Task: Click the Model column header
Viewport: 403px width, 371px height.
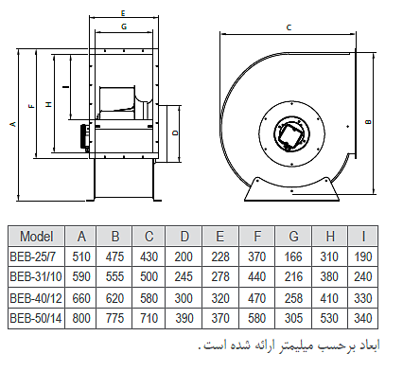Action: (37, 236)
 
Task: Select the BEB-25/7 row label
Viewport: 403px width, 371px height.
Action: (33, 256)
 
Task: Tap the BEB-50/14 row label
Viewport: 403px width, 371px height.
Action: (36, 318)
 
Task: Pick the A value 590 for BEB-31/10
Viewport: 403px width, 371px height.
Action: (81, 276)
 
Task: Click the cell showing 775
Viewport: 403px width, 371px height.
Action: (114, 318)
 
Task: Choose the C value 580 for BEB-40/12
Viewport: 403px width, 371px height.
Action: (149, 298)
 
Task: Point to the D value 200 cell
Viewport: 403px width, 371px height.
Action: (184, 256)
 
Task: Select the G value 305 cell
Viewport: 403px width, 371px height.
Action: (293, 318)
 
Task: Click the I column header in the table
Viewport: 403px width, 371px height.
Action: (363, 236)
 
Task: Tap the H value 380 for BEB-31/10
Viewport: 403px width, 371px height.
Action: (329, 276)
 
